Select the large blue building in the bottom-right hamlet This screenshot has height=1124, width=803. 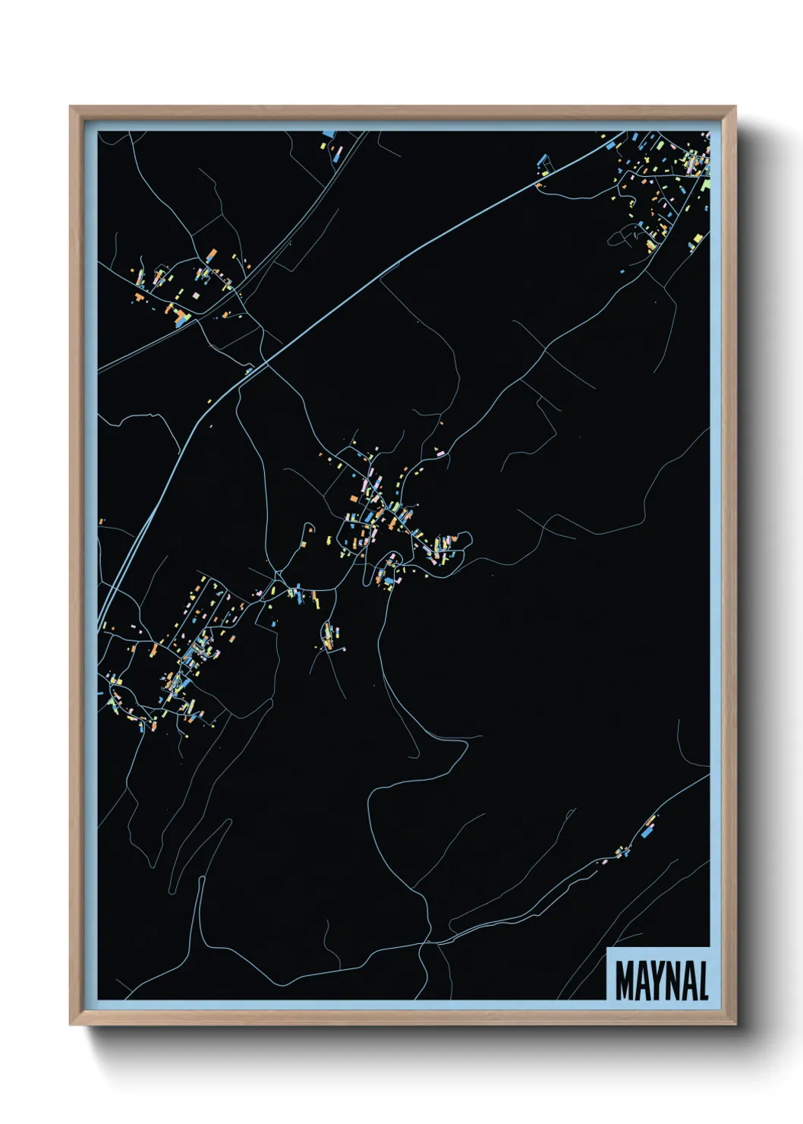647,832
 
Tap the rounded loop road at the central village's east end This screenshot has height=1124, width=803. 464,540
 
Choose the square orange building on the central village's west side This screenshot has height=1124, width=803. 354,498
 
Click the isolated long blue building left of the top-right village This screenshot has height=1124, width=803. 542,163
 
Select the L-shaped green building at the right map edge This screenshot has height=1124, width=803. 705,185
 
